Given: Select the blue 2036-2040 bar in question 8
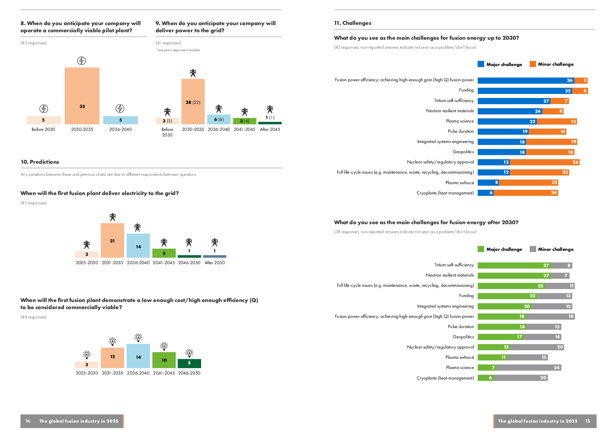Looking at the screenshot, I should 120,120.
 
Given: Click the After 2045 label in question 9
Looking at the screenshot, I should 270,129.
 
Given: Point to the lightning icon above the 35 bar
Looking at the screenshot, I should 82,61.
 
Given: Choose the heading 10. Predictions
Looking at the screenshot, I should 40,162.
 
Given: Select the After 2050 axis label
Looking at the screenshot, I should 215,263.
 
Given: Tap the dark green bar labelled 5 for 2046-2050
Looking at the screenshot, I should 189,363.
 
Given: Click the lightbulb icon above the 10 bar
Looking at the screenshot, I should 164,346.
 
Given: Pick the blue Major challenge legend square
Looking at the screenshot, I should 481,64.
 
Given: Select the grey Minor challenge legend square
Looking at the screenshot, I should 533,249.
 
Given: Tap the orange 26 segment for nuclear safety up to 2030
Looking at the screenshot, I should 545,162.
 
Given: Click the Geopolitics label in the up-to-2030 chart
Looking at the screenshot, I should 463,152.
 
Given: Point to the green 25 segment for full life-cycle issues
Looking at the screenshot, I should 511,286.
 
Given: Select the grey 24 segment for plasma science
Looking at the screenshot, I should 529,368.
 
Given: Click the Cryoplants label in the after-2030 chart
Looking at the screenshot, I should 445,378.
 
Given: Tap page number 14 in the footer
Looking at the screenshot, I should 28,421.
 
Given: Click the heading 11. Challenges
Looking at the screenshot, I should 352,23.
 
